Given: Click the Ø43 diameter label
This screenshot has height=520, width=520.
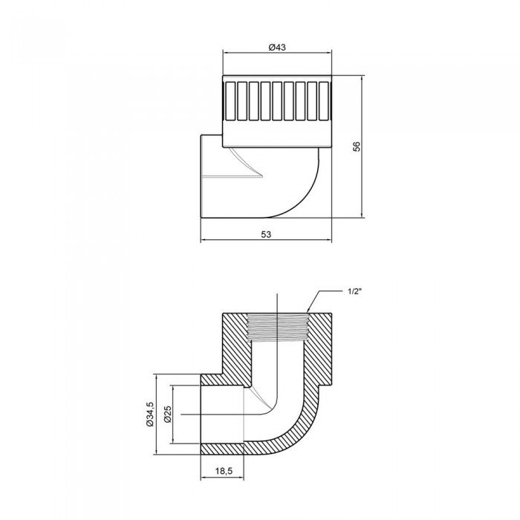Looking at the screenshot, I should pyautogui.click(x=277, y=47).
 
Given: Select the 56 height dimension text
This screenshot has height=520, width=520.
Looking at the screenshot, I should pyautogui.click(x=357, y=146).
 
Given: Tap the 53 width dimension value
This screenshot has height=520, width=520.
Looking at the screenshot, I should pyautogui.click(x=267, y=233).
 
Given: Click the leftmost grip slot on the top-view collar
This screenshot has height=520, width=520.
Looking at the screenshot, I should pyautogui.click(x=231, y=101).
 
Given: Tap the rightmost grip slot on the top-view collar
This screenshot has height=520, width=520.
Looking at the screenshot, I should pyautogui.click(x=323, y=101).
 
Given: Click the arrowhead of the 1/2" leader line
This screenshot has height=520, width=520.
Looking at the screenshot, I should pyautogui.click(x=309, y=311).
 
